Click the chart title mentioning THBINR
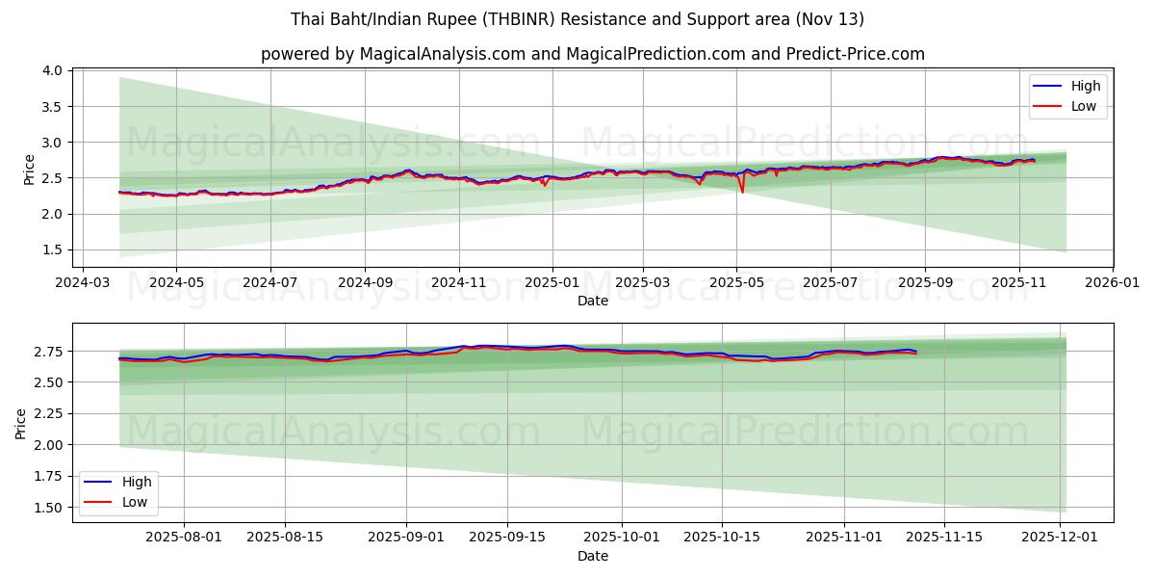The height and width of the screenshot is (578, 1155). [x=577, y=19]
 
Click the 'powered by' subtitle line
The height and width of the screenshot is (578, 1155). [x=592, y=54]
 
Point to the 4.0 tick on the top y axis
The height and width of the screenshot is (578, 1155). [x=53, y=71]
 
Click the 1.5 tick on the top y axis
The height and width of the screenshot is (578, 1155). [x=53, y=250]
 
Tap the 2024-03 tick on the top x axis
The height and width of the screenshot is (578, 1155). [x=82, y=283]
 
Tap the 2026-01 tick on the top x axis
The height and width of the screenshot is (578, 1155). [x=1113, y=283]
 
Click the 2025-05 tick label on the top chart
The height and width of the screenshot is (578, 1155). [x=736, y=283]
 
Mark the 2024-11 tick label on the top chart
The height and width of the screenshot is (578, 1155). [x=458, y=283]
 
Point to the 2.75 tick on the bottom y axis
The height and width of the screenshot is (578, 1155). [x=48, y=352]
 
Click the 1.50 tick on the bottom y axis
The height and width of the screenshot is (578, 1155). [x=48, y=508]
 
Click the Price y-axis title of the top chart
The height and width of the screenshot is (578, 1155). [x=30, y=170]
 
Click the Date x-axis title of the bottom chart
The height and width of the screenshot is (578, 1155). [x=592, y=556]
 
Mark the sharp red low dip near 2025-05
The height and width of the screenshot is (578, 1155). [x=742, y=191]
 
